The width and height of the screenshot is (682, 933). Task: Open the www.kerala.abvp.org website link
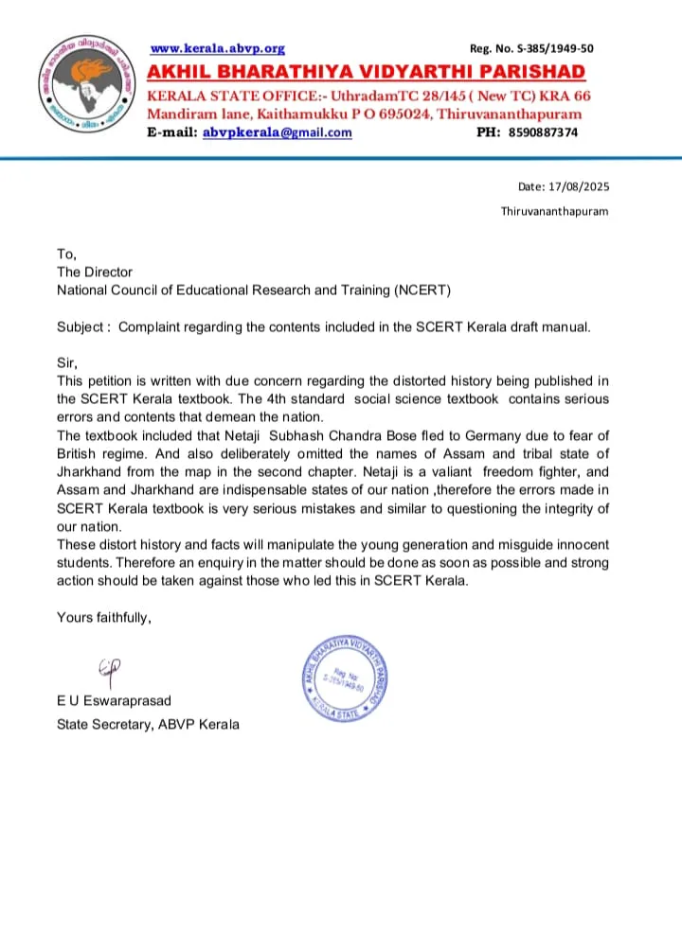218,48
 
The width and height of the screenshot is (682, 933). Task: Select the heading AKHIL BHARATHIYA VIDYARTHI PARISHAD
366,73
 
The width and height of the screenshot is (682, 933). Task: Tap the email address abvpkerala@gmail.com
277,132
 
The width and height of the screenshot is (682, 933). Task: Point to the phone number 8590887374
540,132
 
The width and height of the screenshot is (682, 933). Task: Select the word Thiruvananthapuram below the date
554,211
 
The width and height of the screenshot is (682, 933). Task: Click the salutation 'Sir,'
67,362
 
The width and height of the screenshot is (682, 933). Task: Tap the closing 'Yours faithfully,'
104,618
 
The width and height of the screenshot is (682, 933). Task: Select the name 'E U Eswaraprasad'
115,701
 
